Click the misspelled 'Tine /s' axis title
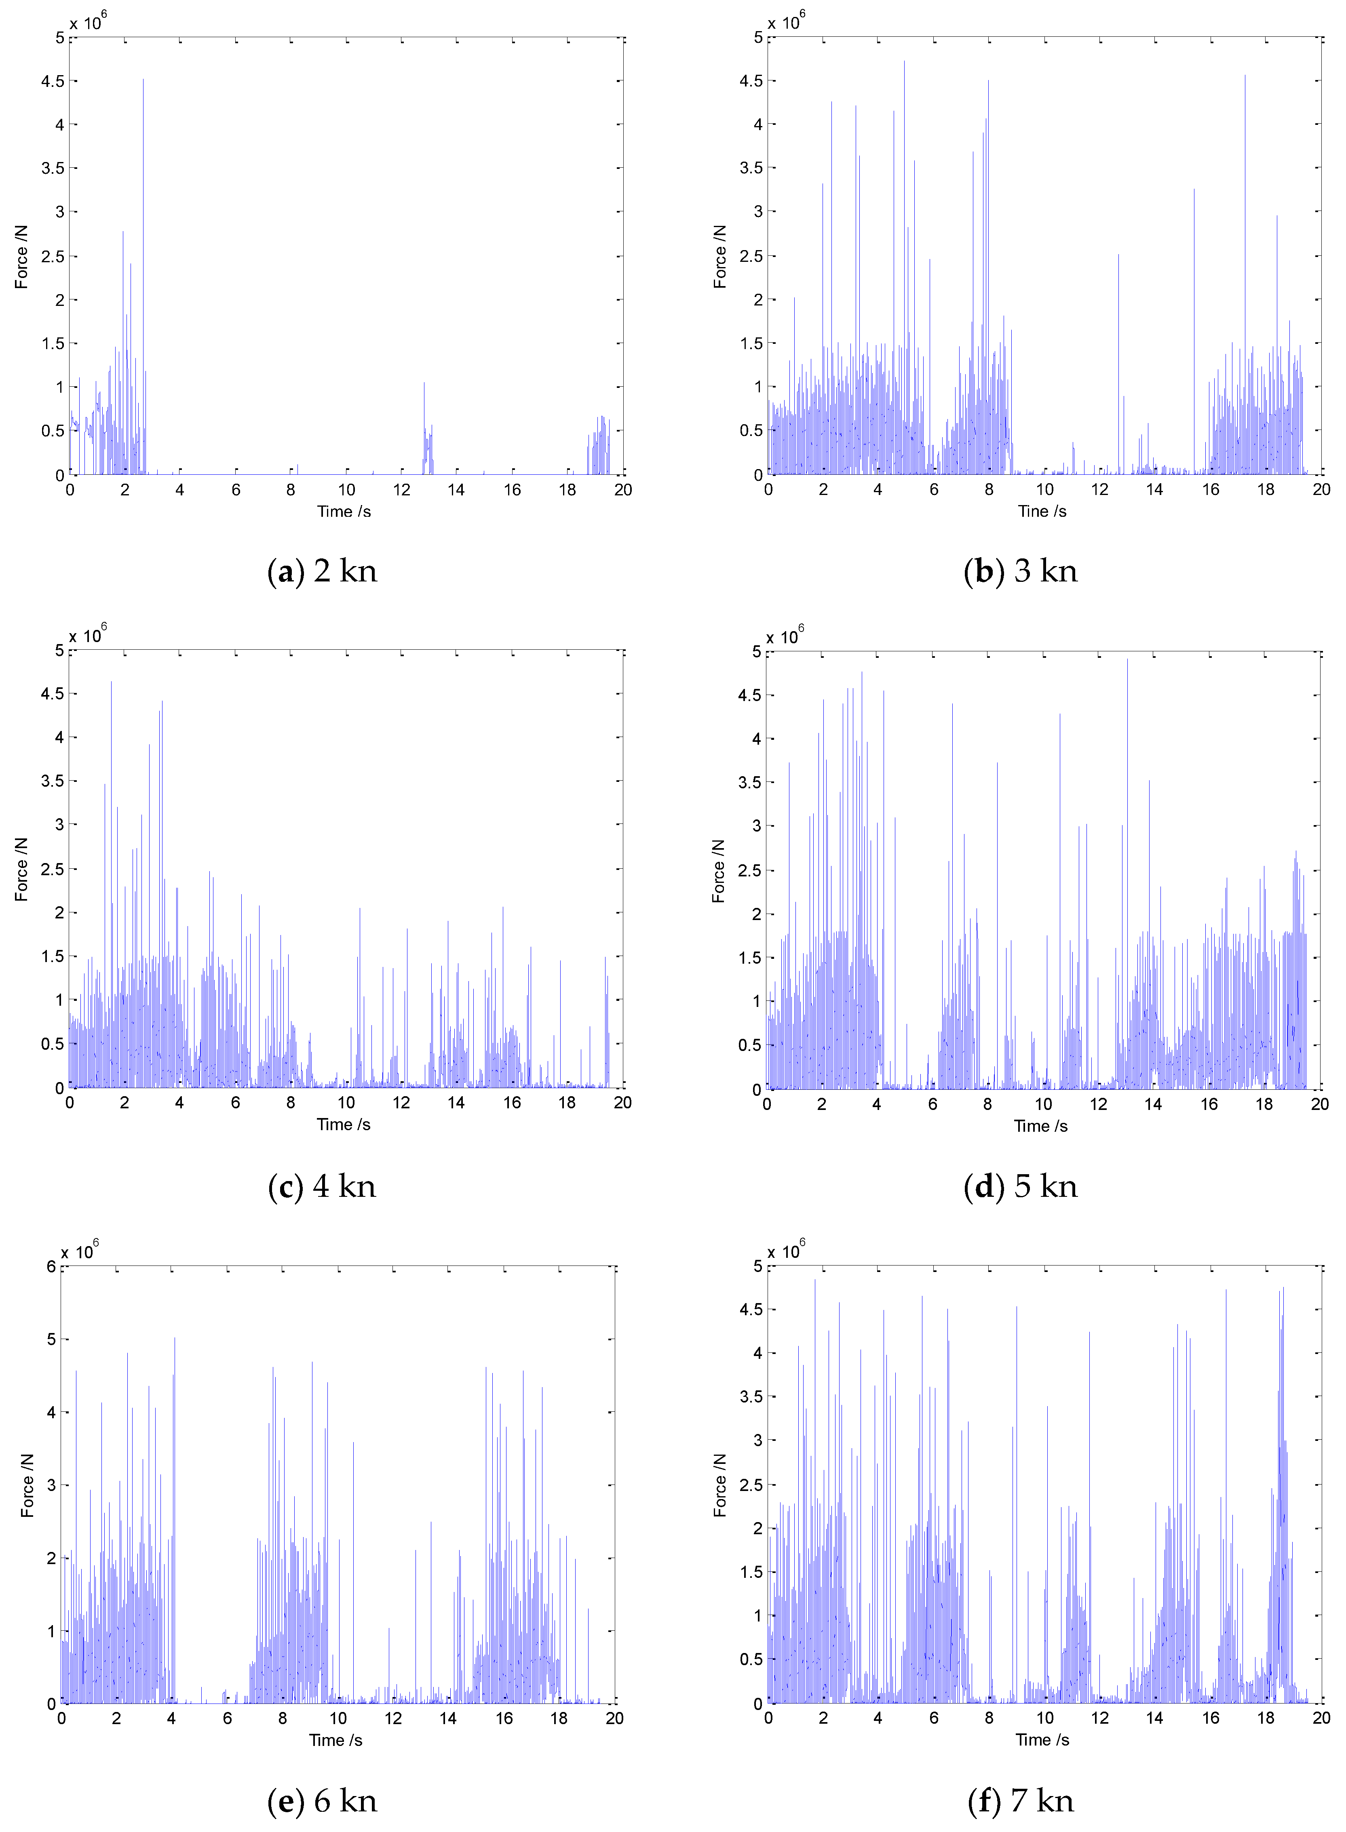(x=1042, y=512)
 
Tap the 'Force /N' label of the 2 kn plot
(x=22, y=257)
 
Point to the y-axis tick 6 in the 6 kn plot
(x=51, y=1267)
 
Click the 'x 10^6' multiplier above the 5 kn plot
(x=785, y=637)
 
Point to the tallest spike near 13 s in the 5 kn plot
(x=1128, y=660)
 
